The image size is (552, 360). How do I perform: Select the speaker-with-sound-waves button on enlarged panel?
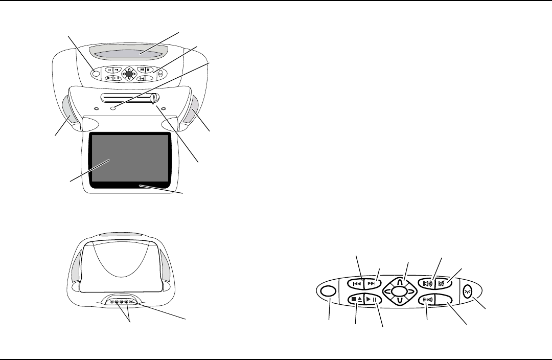click(427, 283)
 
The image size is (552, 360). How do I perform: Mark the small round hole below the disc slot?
click(114, 108)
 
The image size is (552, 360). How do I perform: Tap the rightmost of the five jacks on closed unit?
click(131, 302)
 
